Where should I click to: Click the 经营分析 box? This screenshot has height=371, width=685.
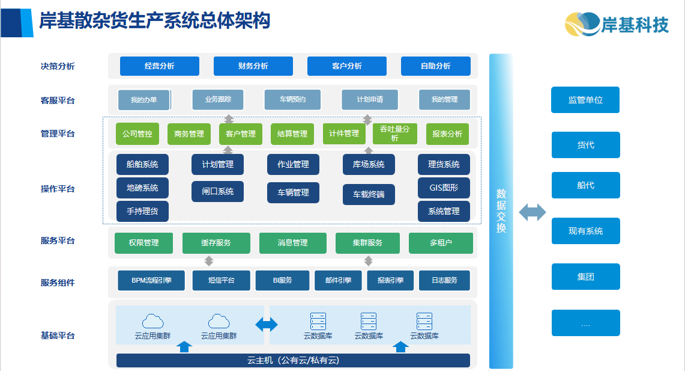click(159, 66)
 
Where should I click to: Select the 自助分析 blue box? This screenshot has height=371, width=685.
click(435, 66)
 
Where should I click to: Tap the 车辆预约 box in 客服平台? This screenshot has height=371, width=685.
click(292, 100)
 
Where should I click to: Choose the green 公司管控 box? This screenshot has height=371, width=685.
click(137, 134)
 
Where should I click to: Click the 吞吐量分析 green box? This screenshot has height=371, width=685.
click(394, 133)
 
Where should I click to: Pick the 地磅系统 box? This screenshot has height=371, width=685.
click(142, 188)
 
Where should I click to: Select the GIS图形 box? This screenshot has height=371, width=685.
click(444, 188)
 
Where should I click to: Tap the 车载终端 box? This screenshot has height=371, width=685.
click(369, 194)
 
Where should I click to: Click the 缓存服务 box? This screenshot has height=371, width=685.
click(216, 243)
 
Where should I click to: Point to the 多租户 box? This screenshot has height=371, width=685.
click(441, 243)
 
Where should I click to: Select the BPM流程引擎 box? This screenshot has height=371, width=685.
click(151, 280)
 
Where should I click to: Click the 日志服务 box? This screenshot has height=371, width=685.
click(444, 280)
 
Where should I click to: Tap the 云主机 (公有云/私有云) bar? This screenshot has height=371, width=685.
click(293, 360)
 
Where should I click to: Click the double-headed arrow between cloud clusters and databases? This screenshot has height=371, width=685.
click(267, 325)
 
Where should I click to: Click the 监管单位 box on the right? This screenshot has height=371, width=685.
click(585, 100)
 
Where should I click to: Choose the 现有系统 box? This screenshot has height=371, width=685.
click(585, 231)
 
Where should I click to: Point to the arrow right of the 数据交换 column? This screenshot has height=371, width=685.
click(533, 212)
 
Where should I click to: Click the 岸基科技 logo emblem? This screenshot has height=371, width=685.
click(581, 25)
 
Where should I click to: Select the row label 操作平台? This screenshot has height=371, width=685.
click(58, 189)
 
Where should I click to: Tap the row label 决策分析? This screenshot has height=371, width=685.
click(58, 66)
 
